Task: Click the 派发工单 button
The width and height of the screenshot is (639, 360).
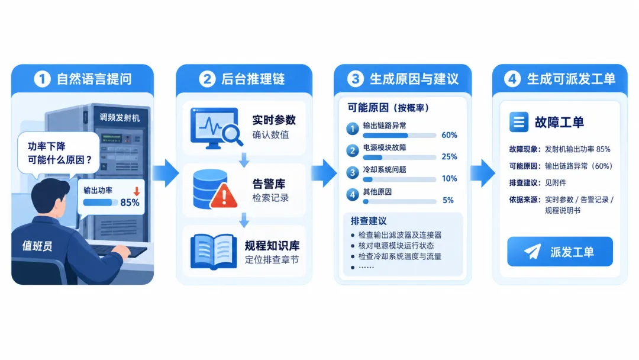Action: click(x=560, y=252)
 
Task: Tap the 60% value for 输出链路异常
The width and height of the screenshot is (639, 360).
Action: click(x=449, y=135)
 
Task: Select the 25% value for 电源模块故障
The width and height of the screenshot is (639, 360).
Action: click(x=449, y=156)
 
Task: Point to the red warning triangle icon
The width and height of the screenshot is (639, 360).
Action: click(x=224, y=196)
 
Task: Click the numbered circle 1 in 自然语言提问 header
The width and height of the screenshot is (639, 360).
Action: click(x=42, y=79)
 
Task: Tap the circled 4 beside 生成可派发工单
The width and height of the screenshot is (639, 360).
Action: click(x=512, y=79)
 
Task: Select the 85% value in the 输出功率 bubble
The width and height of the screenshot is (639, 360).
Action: click(x=130, y=202)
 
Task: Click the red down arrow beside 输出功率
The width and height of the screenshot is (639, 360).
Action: click(x=137, y=191)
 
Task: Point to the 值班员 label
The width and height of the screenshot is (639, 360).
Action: click(x=37, y=246)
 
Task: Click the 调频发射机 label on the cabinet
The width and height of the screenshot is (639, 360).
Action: click(x=120, y=118)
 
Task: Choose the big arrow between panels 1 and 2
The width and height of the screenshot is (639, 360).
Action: click(x=166, y=173)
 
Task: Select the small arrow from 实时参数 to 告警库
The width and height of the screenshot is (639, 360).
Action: click(x=244, y=160)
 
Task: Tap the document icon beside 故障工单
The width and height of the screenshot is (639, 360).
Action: click(x=519, y=122)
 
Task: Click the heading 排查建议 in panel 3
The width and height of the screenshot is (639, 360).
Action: click(x=369, y=221)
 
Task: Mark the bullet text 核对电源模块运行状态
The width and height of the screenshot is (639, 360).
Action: click(x=396, y=246)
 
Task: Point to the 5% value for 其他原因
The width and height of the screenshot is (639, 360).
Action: click(x=448, y=200)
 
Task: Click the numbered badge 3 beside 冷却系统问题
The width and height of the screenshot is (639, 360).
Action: click(x=353, y=172)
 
